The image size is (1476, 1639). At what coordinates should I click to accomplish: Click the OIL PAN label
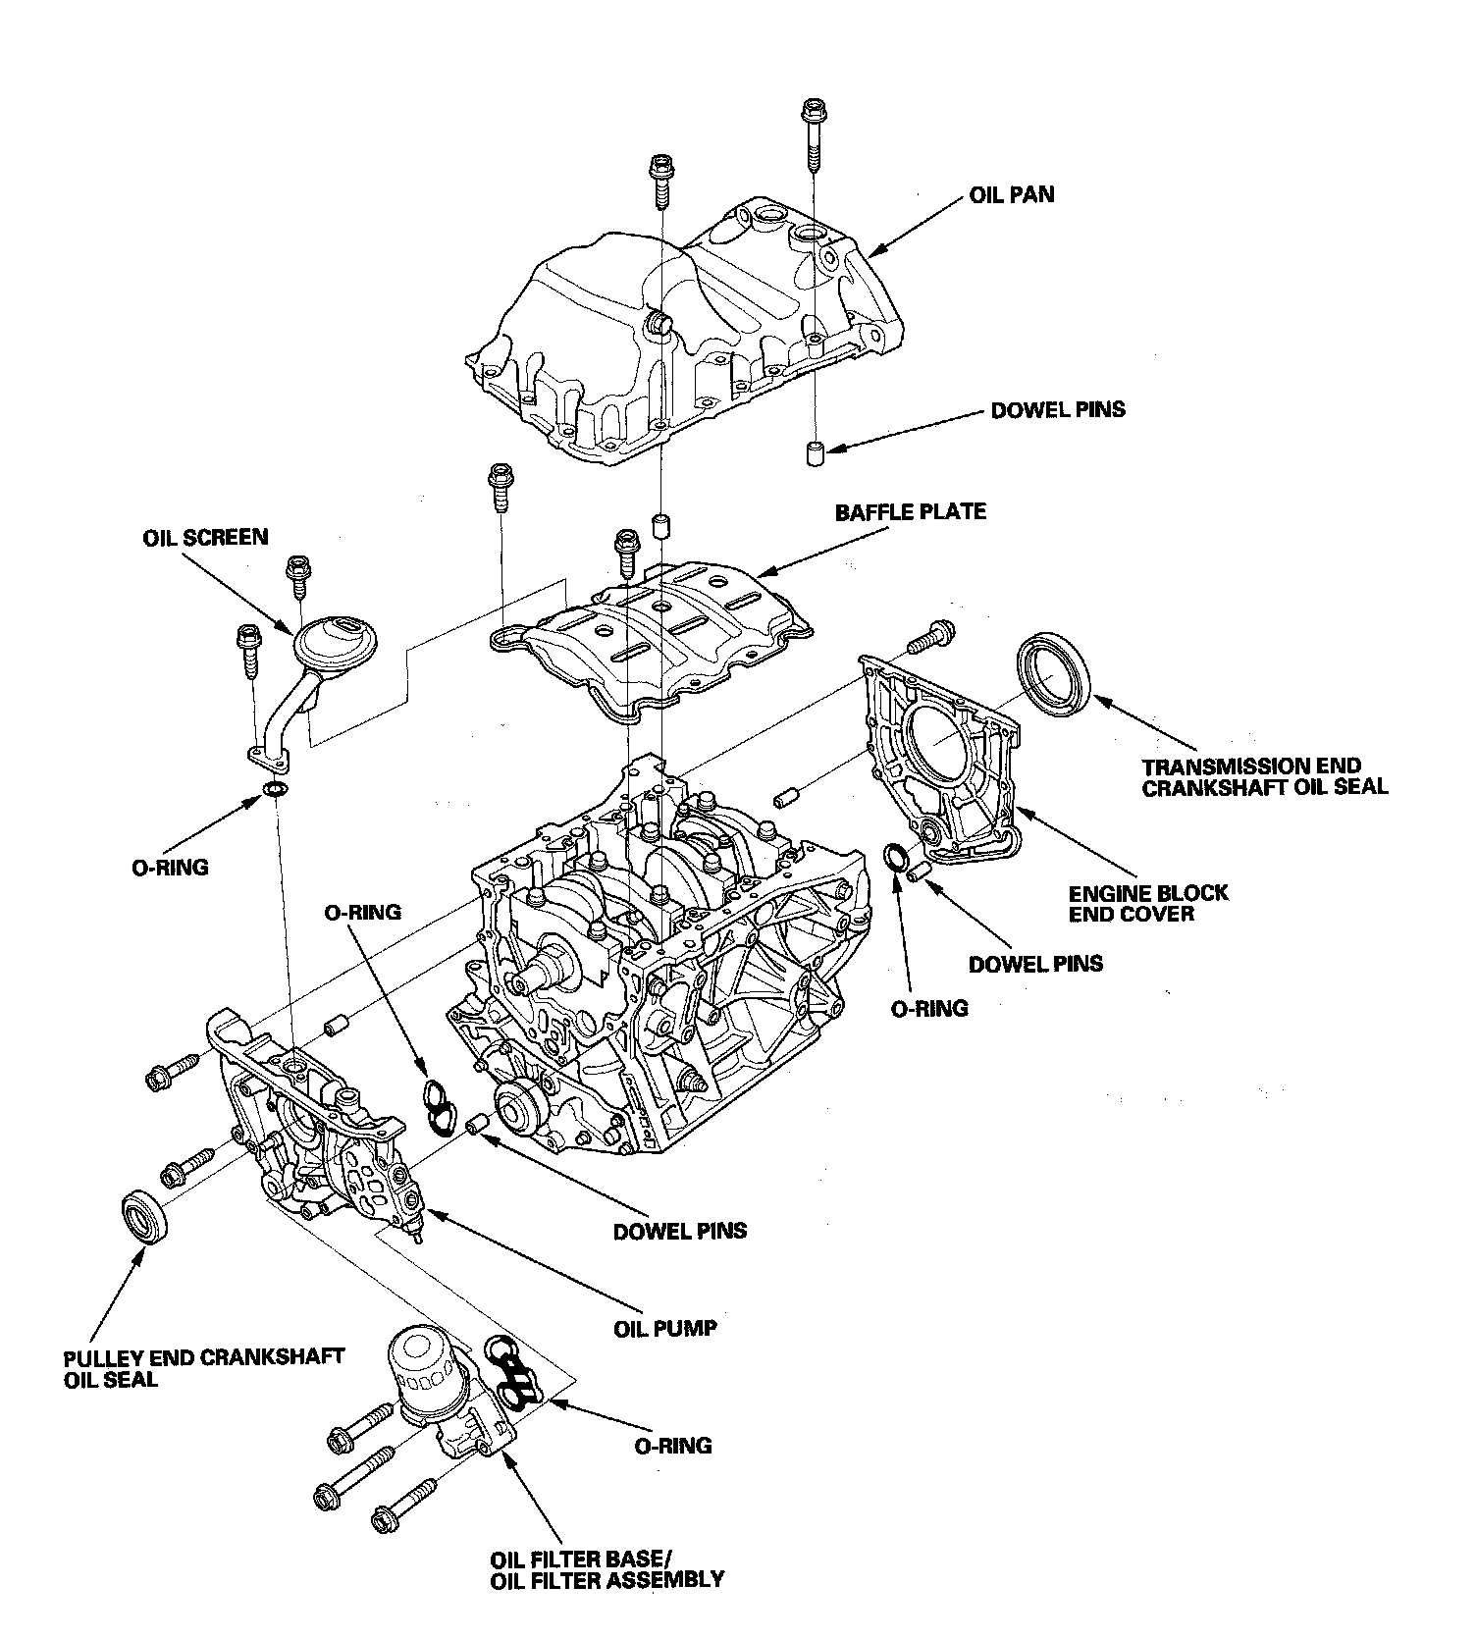pos(1011,194)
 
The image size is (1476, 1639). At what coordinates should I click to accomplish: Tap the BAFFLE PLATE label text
pos(910,511)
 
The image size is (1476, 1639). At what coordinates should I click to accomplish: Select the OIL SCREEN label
pos(204,537)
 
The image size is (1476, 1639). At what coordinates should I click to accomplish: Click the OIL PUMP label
pos(664,1329)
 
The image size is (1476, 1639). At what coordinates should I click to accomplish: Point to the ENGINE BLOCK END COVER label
pos(1147,904)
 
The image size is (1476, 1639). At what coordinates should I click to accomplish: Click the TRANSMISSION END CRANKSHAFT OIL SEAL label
pos(1264,776)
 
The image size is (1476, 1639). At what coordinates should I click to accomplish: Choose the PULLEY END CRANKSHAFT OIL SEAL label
pos(203,1368)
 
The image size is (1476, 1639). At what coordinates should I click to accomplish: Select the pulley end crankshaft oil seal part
pos(144,1217)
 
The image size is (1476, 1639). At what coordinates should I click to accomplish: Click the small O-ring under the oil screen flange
pos(277,790)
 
